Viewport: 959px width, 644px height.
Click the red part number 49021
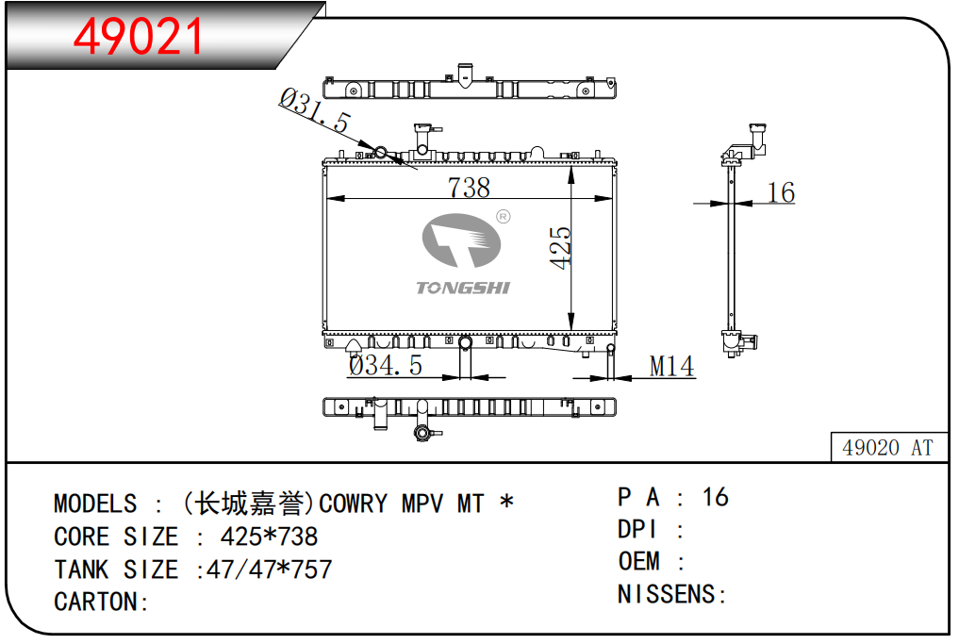pos(138,37)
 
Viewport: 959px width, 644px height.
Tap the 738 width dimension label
pos(469,188)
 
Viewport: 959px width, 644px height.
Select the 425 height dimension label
pos(560,248)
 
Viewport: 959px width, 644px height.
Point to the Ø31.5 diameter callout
pos(314,110)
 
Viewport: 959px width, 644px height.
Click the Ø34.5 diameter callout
pos(386,365)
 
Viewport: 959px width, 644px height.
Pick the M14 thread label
pos(671,367)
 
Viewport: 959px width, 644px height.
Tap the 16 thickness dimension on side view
pos(781,192)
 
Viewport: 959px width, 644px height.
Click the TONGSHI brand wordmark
pos(463,289)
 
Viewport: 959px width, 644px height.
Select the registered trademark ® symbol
pos(503,217)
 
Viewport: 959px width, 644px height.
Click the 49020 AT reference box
pos(888,448)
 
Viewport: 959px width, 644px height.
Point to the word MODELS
pos(95,504)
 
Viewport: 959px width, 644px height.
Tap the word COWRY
pos(353,504)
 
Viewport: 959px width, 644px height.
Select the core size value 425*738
pos(269,537)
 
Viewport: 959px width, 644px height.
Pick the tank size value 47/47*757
pos(269,570)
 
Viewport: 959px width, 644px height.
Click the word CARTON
pos(95,602)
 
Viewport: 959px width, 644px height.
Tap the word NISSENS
pos(666,594)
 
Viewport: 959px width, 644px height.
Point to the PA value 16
pos(716,497)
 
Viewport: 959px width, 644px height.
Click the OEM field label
pos(638,561)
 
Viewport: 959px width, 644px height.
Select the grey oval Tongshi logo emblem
pos(462,240)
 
